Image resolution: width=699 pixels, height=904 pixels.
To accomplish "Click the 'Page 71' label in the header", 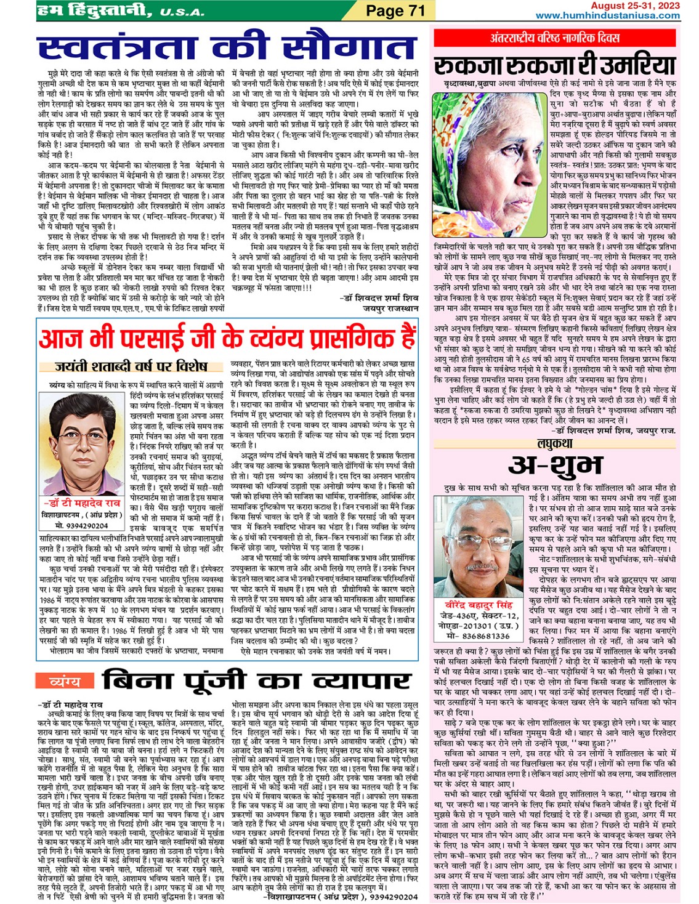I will click(x=395, y=11).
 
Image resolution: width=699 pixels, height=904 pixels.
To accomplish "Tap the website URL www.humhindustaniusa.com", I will click(x=607, y=15).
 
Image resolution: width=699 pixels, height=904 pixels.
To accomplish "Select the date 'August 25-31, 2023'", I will click(x=635, y=6).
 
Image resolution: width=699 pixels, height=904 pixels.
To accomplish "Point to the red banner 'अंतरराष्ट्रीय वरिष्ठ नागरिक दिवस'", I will click(x=555, y=38).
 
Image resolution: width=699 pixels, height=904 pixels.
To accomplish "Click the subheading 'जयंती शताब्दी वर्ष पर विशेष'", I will click(x=131, y=366).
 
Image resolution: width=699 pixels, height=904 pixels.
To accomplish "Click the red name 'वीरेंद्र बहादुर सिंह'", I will click(x=479, y=605).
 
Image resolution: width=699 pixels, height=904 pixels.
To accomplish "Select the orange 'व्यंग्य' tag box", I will click(x=65, y=682).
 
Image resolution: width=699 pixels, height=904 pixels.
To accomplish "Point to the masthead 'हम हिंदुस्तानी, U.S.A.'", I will click(x=121, y=11).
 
